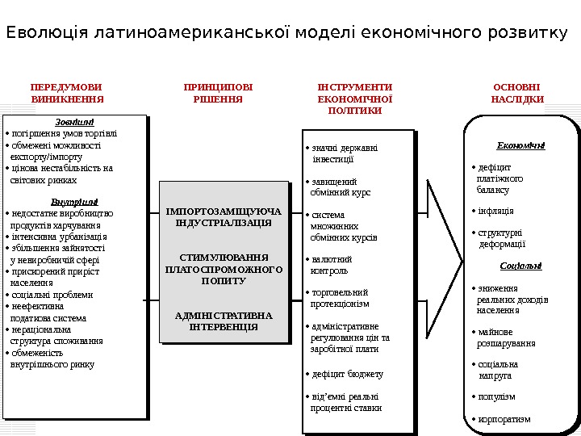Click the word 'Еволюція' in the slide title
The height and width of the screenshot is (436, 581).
pyautogui.click(x=47, y=34)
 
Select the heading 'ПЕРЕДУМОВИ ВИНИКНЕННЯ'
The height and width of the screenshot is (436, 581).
pyautogui.click(x=67, y=93)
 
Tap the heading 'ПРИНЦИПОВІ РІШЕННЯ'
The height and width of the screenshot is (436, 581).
pyautogui.click(x=218, y=93)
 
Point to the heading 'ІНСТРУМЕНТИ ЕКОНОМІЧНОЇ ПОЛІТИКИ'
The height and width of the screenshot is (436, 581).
pyautogui.click(x=355, y=98)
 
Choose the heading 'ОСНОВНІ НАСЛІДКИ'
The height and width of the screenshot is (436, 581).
pyautogui.click(x=517, y=93)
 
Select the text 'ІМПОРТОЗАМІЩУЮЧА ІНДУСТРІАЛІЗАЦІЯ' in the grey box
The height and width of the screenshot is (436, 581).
pyautogui.click(x=224, y=216)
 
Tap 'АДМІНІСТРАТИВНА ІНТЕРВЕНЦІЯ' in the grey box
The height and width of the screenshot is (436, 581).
pyautogui.click(x=224, y=321)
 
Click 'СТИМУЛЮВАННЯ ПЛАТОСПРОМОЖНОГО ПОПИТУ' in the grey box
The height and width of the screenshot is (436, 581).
pyautogui.click(x=224, y=269)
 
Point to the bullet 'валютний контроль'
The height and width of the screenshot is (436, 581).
pyautogui.click(x=330, y=265)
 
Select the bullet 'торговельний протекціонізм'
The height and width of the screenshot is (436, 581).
pyautogui.click(x=339, y=298)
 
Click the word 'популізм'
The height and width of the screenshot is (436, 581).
pyautogui.click(x=495, y=396)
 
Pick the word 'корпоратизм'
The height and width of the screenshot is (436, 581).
pyautogui.click(x=504, y=419)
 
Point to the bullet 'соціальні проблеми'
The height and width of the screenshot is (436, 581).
pyautogui.click(x=52, y=295)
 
